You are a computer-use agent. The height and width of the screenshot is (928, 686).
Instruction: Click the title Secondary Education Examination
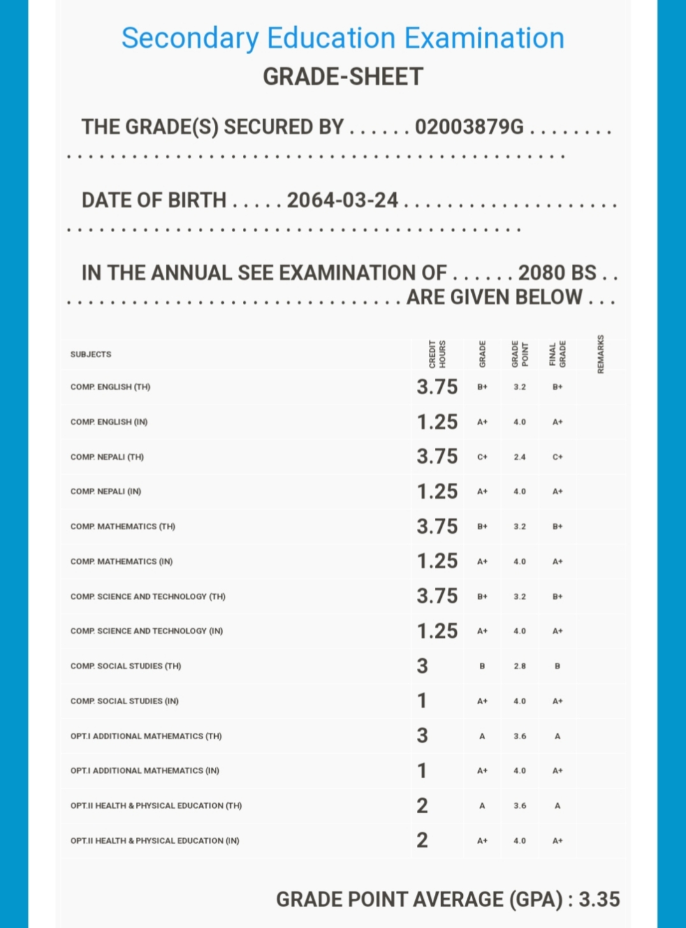(x=342, y=38)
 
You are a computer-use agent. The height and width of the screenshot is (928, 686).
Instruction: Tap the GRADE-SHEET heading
(x=342, y=77)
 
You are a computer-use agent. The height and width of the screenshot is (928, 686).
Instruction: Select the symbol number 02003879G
(x=469, y=127)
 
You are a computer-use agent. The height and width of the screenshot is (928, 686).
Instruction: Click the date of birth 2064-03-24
(x=342, y=200)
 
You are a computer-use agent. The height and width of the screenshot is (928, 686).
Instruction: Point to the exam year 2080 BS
(x=557, y=273)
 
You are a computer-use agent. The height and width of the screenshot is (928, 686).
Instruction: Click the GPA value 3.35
(x=599, y=899)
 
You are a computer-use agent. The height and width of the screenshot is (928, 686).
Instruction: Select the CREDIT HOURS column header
(x=437, y=354)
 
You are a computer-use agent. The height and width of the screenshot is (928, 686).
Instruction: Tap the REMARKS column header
(x=600, y=354)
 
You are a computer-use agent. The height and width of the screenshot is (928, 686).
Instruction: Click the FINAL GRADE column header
(x=558, y=354)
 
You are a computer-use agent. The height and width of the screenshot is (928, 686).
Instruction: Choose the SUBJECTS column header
(x=91, y=354)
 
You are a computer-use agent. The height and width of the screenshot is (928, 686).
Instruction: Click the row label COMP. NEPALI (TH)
(x=107, y=457)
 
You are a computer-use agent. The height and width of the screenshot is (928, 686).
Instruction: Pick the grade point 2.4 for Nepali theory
(x=520, y=457)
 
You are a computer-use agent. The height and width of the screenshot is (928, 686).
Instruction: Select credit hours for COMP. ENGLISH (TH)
(x=437, y=387)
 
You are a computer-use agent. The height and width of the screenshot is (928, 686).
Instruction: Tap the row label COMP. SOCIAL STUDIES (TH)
(x=126, y=666)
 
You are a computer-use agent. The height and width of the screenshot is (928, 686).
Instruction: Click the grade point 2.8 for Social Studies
(x=520, y=667)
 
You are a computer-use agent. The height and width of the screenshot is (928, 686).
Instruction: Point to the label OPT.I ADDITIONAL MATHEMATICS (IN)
(x=145, y=770)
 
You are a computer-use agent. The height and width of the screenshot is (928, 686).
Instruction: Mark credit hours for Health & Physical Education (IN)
(x=422, y=841)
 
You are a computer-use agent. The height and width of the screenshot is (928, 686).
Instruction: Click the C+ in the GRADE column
(x=483, y=457)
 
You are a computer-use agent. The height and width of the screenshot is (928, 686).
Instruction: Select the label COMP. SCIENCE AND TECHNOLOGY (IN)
(x=147, y=631)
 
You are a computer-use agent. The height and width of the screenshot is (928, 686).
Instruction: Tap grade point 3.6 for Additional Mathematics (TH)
(x=520, y=736)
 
